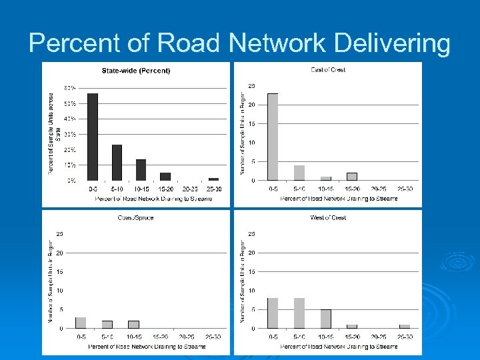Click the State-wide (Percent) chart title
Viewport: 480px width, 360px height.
click(x=136, y=71)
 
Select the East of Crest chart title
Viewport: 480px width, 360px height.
click(x=328, y=70)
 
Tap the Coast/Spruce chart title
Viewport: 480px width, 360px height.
click(x=136, y=218)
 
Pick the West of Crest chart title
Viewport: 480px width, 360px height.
click(x=328, y=218)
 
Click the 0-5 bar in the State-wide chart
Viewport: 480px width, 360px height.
click(x=93, y=137)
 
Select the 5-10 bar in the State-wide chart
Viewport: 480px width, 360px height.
click(x=117, y=163)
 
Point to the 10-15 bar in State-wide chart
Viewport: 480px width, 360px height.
click(x=141, y=170)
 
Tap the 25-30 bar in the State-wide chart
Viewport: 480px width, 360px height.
click(x=213, y=179)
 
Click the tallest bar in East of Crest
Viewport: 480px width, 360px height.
click(x=273, y=137)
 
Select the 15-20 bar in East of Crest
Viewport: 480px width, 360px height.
click(x=351, y=177)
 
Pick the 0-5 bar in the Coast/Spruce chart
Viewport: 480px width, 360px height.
click(x=81, y=323)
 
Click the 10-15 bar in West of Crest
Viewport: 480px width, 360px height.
click(x=325, y=319)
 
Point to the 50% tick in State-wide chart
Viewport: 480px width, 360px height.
click(x=70, y=103)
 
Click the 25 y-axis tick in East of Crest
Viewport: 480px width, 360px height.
click(x=252, y=85)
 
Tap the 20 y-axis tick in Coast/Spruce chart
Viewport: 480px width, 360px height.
click(x=60, y=253)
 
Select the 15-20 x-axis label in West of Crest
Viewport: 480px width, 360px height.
click(x=352, y=337)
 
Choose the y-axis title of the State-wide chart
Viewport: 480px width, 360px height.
click(x=52, y=133)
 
